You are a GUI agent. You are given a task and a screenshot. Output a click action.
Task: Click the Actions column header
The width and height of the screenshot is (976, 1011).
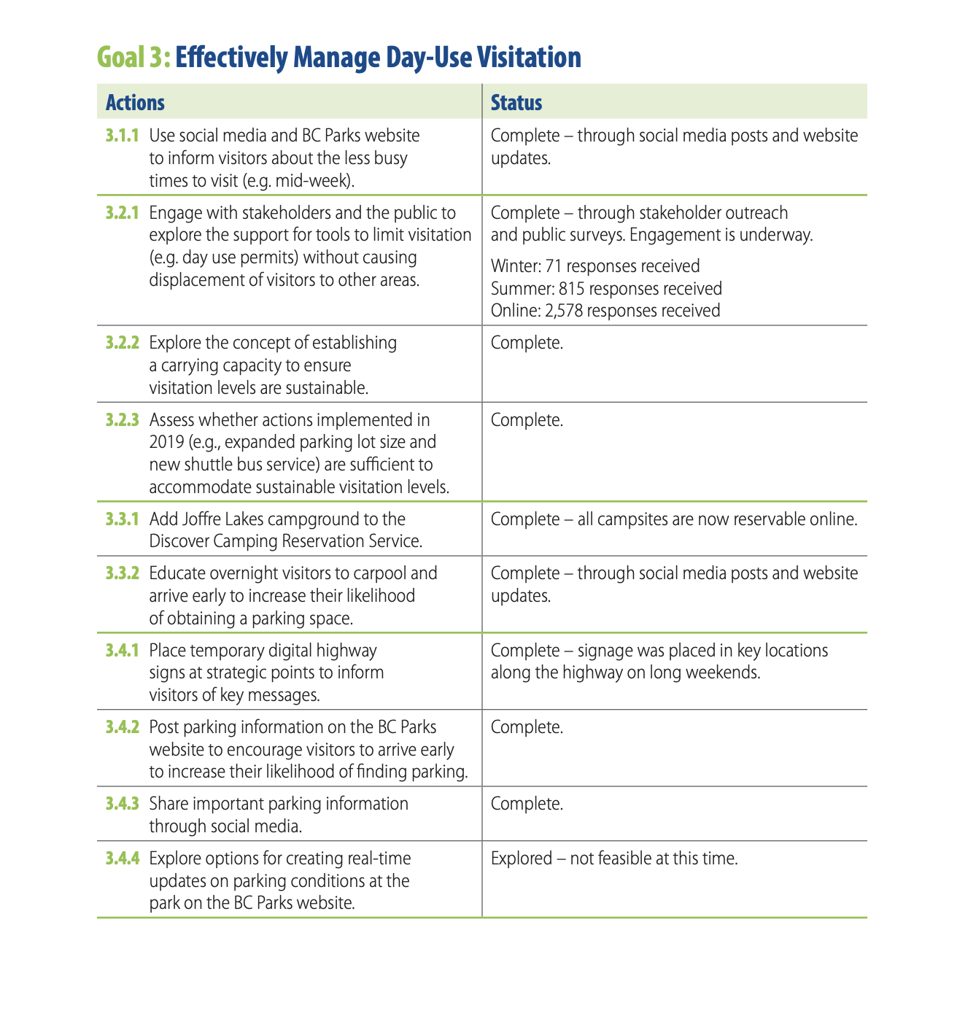[135, 103]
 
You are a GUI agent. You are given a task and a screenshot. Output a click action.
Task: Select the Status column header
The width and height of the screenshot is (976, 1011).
[516, 103]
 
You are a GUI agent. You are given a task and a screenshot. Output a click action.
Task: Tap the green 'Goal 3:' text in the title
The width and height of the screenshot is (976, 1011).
[133, 58]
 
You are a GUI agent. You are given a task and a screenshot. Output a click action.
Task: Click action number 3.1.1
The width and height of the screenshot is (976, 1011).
[122, 136]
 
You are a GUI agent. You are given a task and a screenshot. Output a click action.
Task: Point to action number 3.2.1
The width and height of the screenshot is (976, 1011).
[122, 213]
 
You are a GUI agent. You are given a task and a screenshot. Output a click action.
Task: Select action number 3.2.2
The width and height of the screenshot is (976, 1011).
[122, 343]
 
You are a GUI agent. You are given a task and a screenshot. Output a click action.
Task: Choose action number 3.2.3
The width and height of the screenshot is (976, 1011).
[122, 420]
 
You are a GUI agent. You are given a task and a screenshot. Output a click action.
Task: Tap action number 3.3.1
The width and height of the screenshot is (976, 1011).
[122, 519]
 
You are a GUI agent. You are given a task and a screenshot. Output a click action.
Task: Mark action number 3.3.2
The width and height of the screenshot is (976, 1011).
[122, 573]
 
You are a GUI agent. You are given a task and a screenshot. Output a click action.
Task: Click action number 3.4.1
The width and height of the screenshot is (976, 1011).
[122, 651]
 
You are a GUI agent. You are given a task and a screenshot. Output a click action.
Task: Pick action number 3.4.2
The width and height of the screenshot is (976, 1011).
[122, 727]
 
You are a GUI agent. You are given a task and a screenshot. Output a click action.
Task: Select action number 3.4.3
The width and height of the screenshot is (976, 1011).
[122, 804]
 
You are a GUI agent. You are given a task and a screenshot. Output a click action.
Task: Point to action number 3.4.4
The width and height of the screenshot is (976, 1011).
[122, 859]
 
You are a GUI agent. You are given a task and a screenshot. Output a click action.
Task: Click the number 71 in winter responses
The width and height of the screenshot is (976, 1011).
[554, 266]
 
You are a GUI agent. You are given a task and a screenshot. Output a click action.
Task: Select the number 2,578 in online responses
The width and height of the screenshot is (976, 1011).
[563, 311]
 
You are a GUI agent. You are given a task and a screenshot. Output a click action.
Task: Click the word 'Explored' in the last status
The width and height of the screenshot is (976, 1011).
[522, 859]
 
